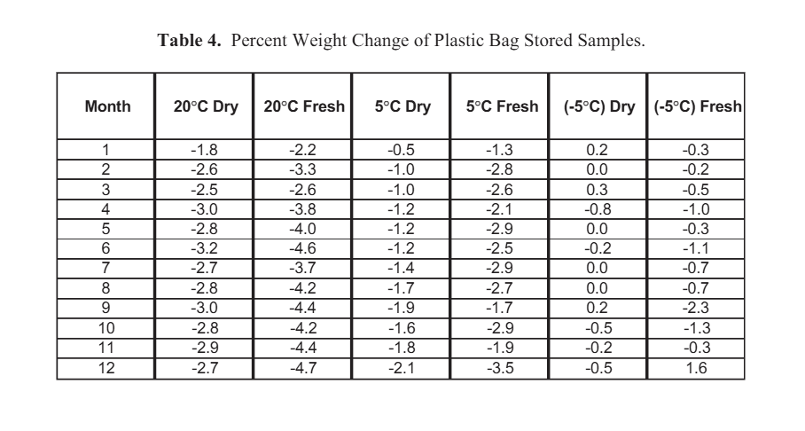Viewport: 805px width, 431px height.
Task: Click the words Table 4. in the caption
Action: [189, 40]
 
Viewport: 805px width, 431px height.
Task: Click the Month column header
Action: [108, 106]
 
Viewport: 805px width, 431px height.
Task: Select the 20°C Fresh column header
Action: [304, 106]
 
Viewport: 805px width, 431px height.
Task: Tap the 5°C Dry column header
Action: [402, 106]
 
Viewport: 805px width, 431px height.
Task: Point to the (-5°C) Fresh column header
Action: [698, 106]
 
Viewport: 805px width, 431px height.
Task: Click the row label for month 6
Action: [106, 248]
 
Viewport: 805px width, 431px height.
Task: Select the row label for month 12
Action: [106, 368]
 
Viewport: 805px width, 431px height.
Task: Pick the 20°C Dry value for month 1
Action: [204, 150]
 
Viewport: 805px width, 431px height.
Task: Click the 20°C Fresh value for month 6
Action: [303, 248]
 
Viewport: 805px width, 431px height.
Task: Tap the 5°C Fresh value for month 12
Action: [499, 368]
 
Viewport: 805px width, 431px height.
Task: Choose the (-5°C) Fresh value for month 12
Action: [697, 368]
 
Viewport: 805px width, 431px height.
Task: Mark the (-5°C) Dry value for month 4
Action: [598, 209]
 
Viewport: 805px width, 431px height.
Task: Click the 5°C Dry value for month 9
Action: [402, 309]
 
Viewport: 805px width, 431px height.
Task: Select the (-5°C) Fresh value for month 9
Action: [696, 309]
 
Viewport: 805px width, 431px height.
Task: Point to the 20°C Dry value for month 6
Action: [204, 248]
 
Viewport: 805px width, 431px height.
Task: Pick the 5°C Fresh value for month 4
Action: [499, 209]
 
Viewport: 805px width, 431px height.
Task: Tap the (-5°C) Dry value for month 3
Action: [597, 190]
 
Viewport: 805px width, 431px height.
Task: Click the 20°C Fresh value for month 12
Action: [303, 368]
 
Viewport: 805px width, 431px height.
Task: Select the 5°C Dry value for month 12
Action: [402, 368]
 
